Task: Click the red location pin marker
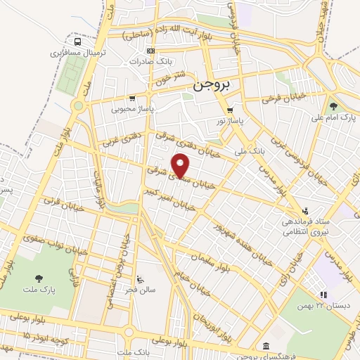181,166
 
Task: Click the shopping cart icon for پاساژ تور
230,110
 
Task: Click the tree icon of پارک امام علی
333,106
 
